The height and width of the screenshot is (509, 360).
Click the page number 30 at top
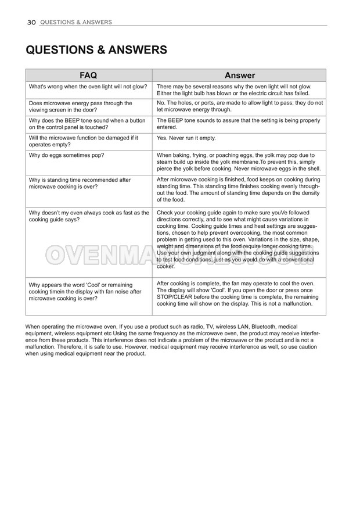point(31,22)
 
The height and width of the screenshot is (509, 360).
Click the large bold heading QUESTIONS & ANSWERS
point(96,50)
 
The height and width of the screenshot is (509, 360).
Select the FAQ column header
point(88,76)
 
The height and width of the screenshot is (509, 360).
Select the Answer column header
point(239,76)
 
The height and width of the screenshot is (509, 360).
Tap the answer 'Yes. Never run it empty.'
point(186,138)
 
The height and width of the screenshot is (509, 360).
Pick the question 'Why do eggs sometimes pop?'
point(66,155)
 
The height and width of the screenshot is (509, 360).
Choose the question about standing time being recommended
point(80,184)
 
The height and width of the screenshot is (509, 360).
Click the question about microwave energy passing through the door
point(80,106)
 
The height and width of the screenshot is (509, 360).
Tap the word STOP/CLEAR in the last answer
point(178,297)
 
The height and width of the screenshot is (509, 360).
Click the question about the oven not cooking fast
point(89,216)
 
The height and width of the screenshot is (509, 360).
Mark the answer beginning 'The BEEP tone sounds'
point(238,124)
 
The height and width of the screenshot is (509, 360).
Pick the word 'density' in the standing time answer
point(308,193)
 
